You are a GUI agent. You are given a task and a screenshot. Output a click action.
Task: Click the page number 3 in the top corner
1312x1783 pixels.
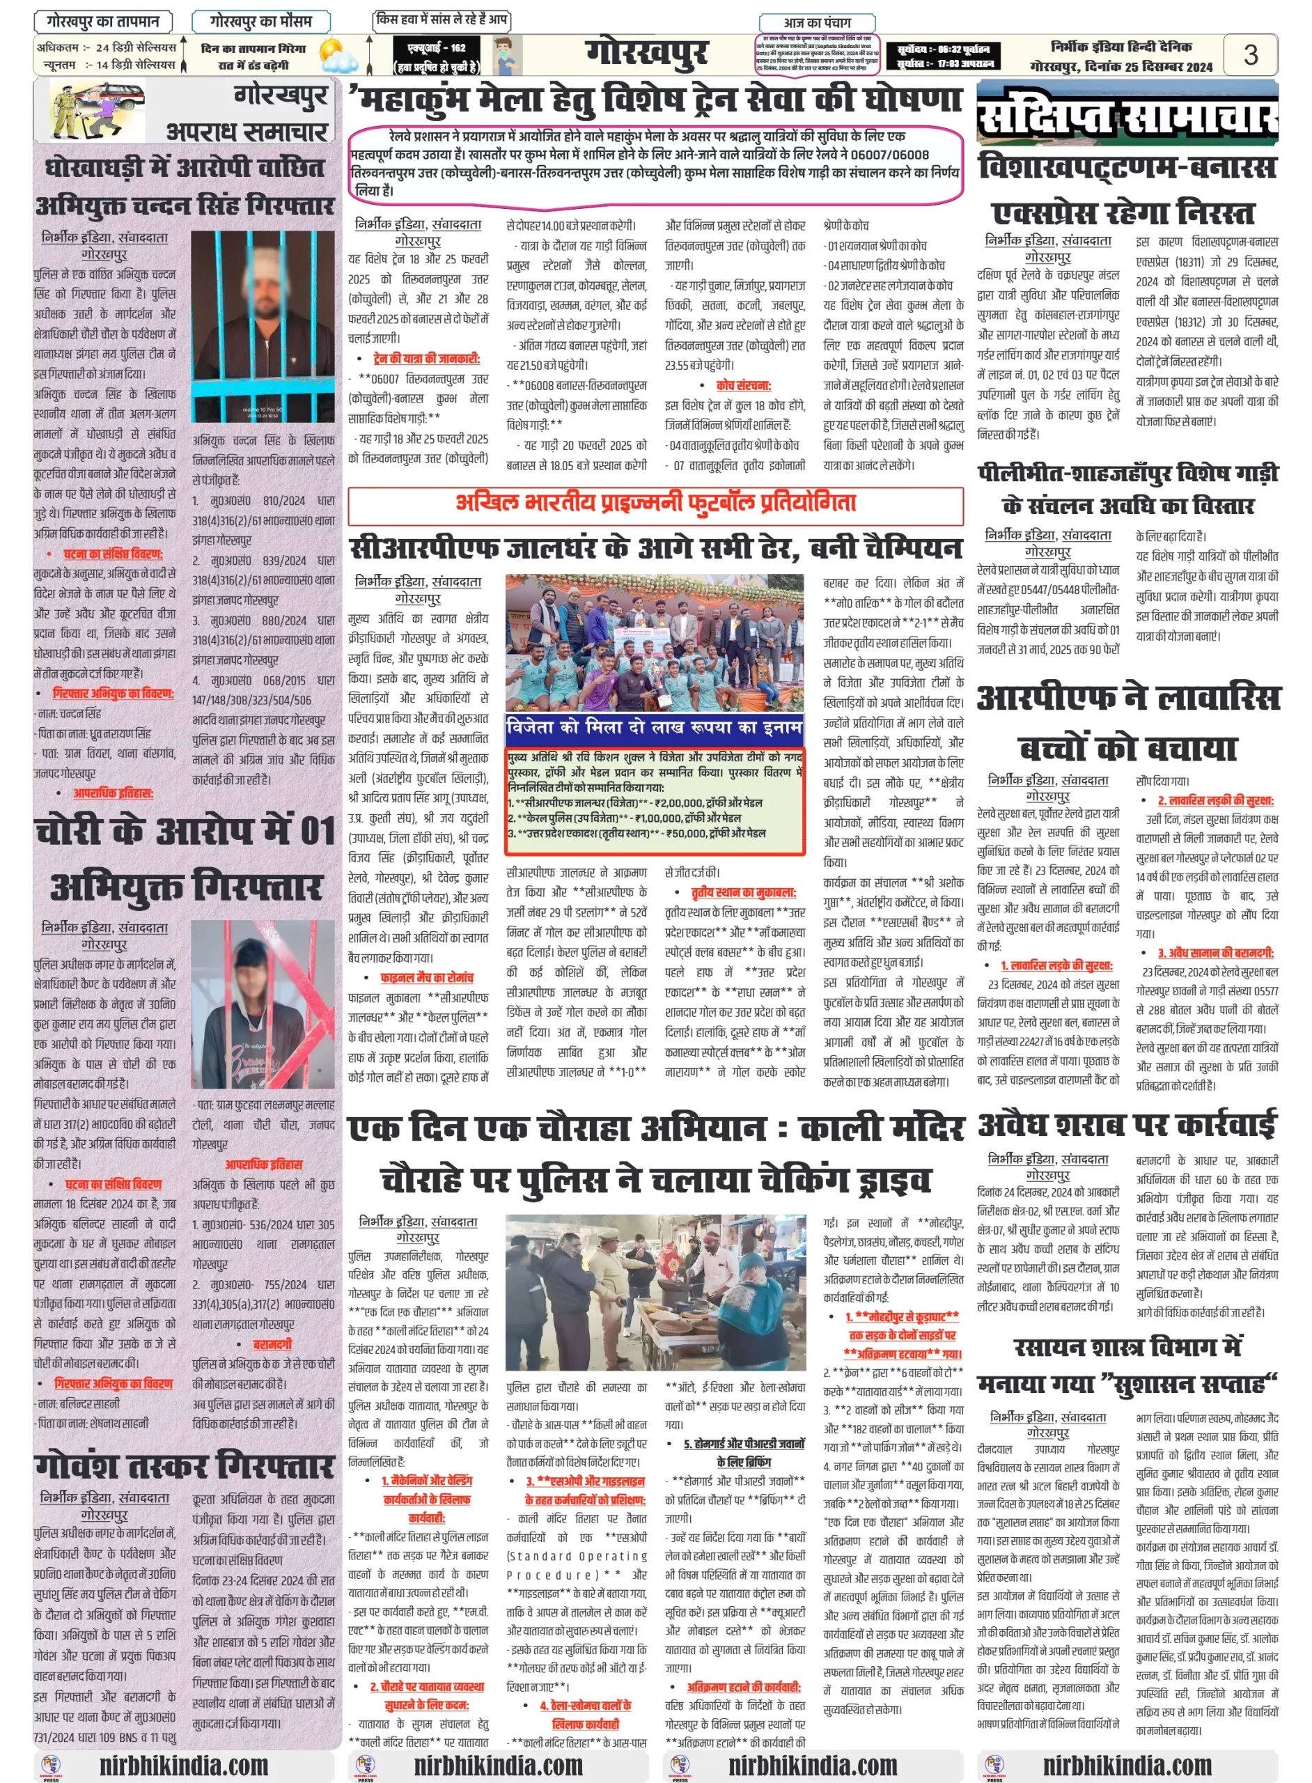(x=1250, y=54)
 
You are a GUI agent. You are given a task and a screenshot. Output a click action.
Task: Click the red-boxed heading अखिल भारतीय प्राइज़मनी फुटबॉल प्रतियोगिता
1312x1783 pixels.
(x=655, y=504)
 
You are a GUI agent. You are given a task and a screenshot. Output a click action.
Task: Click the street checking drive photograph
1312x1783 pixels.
(x=655, y=1291)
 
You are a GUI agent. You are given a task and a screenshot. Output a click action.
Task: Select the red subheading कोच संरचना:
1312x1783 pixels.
(x=742, y=385)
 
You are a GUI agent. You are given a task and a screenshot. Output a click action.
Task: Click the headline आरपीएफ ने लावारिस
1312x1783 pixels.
(x=1127, y=698)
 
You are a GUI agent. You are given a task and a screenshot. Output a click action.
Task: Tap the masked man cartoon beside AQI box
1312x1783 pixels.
(x=507, y=55)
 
